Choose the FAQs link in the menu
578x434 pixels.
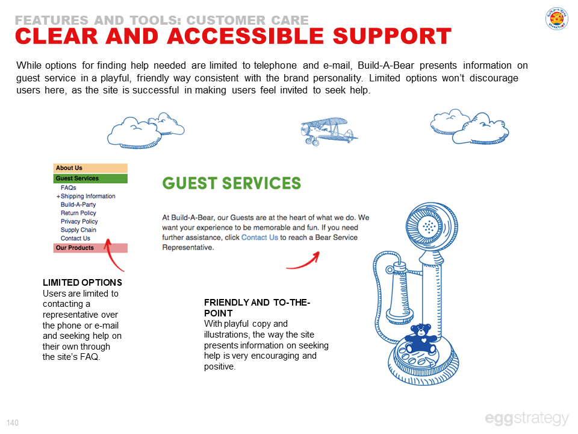[69, 188]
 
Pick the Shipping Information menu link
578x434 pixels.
[88, 197]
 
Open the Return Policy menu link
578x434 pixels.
[78, 213]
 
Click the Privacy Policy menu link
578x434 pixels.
[79, 222]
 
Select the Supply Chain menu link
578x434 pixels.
[78, 230]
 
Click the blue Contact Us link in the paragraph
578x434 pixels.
[259, 237]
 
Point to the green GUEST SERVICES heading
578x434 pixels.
[232, 183]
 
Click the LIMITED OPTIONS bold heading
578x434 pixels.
[82, 283]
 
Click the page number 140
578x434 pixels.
[13, 422]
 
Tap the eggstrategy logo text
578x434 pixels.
[526, 418]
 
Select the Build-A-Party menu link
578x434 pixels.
[78, 205]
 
